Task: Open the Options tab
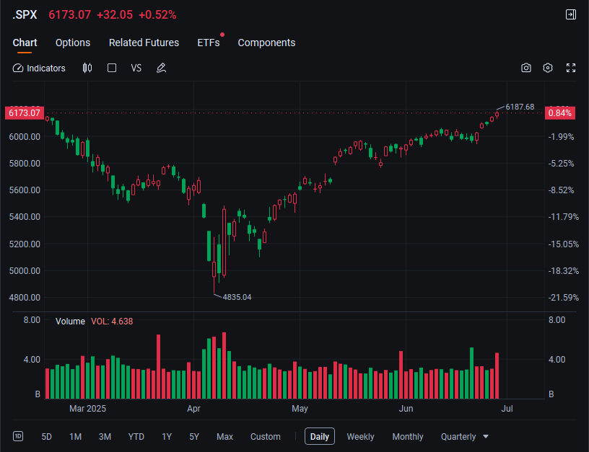(x=73, y=43)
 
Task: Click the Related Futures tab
(x=144, y=43)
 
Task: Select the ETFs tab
(x=209, y=43)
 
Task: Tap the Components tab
(x=266, y=43)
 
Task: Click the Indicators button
(x=39, y=68)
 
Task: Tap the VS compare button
(x=136, y=68)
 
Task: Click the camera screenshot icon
(x=526, y=68)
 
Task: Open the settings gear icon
(x=548, y=68)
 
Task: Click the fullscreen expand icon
(x=571, y=68)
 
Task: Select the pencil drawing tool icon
(x=161, y=68)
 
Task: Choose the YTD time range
(x=136, y=437)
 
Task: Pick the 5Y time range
(x=194, y=437)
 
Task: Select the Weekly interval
(x=360, y=437)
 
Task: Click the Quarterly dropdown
(x=464, y=437)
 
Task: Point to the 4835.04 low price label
(x=237, y=297)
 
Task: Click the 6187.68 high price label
(x=520, y=107)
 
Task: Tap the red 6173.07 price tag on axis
(x=25, y=113)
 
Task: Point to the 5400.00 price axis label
(x=25, y=217)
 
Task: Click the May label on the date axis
(x=300, y=409)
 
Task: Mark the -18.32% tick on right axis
(x=563, y=271)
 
